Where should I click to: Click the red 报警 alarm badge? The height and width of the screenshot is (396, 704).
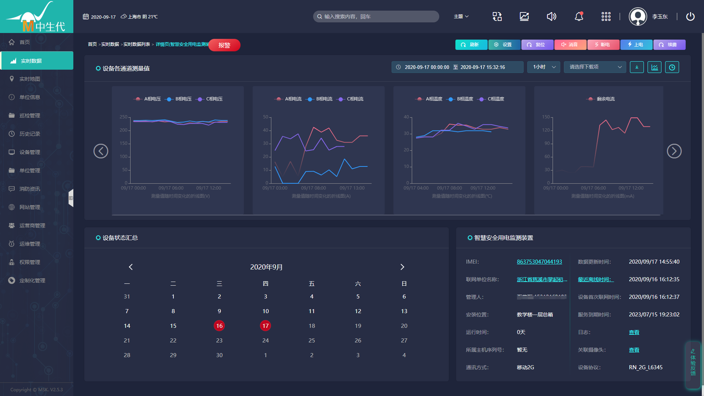224,45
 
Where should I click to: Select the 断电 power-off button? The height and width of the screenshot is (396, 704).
603,45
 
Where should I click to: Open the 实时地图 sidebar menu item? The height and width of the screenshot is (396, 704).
30,79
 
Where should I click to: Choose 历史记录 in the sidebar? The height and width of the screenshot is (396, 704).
30,134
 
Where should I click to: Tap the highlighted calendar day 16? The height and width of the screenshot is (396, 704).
219,326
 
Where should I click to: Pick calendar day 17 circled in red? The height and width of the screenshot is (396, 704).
265,326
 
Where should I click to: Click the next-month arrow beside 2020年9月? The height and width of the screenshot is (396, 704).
402,267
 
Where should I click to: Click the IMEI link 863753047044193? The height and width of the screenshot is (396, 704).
539,262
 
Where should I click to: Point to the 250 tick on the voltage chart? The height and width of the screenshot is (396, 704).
124,117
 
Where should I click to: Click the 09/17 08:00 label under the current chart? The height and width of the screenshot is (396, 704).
313,188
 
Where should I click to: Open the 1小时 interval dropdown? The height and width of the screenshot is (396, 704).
544,67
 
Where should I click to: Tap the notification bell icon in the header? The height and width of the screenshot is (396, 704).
579,16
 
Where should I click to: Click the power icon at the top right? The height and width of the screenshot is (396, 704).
690,16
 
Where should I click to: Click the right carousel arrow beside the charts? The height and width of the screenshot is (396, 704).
674,151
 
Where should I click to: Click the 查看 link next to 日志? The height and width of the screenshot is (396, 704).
634,332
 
